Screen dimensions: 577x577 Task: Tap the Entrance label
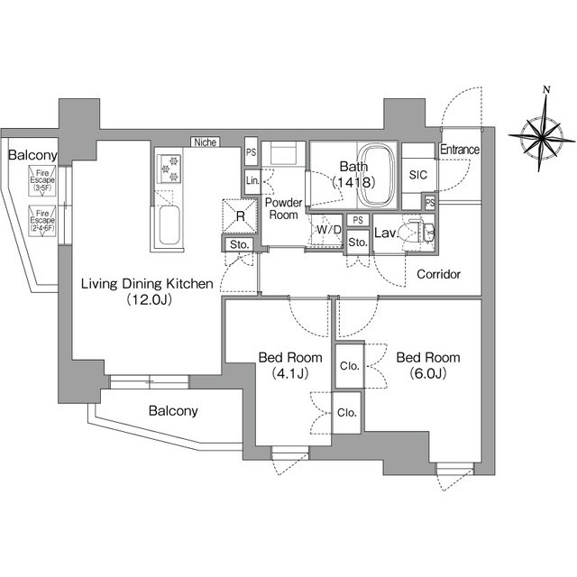point(459,150)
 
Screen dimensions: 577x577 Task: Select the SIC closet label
point(417,175)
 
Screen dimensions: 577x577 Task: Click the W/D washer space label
point(329,230)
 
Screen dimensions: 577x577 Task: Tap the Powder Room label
point(282,210)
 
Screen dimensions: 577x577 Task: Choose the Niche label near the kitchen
point(205,142)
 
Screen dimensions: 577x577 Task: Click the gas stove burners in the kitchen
point(169,165)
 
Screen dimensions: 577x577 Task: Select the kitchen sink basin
point(169,225)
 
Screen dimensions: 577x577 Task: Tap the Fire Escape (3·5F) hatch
point(41,179)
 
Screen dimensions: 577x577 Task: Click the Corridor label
point(438,273)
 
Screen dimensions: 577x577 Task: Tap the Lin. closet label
point(252,183)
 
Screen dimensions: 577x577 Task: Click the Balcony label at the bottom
point(172,411)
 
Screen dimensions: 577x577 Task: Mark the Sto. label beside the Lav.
point(357,243)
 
